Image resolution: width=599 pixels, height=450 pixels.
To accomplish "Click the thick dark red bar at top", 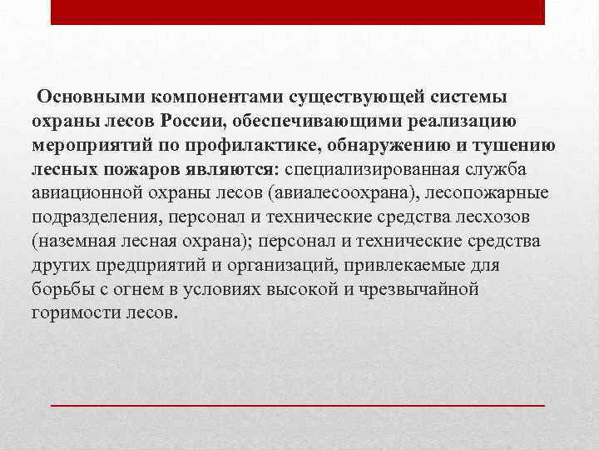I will (298, 12).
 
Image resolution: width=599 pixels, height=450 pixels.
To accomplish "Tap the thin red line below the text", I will (298, 403).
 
